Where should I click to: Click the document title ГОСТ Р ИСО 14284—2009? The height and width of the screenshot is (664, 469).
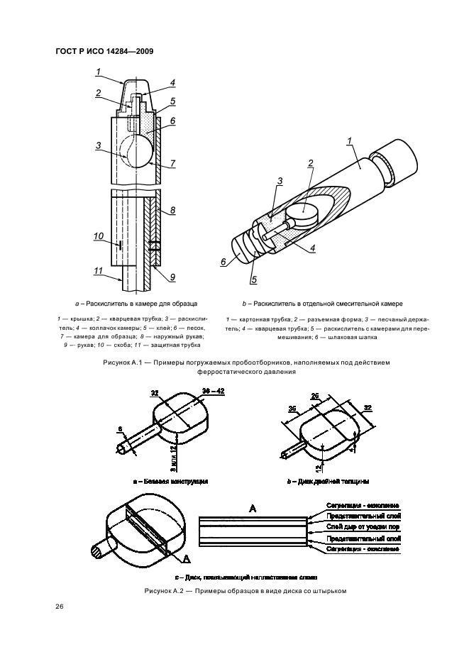(x=104, y=52)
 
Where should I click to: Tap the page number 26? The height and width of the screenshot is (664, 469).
(x=59, y=607)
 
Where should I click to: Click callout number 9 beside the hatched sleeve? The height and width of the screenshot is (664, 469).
(x=172, y=276)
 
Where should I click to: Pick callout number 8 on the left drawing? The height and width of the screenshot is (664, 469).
(x=172, y=211)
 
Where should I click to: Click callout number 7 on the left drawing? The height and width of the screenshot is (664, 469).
(x=172, y=163)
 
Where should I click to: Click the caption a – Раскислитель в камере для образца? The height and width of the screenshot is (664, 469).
(x=141, y=301)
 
